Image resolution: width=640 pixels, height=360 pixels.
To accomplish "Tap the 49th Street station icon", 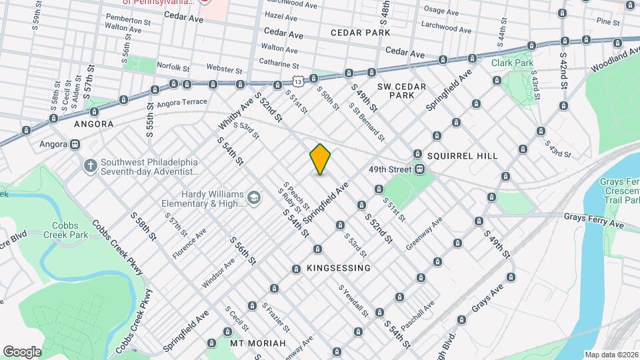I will tap(421, 169).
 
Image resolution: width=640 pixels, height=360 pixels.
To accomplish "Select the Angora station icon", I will tap(75, 144).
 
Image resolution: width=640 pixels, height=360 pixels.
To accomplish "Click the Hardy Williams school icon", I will tap(253, 197).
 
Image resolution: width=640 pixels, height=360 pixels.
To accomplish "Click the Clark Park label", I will tap(513, 63).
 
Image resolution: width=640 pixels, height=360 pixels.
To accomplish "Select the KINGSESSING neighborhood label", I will tap(338, 268).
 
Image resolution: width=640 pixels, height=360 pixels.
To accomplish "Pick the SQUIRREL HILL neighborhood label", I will tap(462, 155).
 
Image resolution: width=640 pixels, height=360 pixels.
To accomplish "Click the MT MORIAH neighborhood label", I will tap(258, 343).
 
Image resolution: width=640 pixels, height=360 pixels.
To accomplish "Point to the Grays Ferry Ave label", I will tap(593, 221).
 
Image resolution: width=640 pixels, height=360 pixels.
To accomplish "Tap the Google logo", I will tap(22, 351).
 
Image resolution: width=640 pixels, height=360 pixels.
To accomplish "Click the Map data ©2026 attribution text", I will tap(611, 355).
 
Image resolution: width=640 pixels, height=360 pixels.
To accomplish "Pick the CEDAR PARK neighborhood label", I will tap(364, 32).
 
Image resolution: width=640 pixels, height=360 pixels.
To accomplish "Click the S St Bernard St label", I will tap(367, 120).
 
